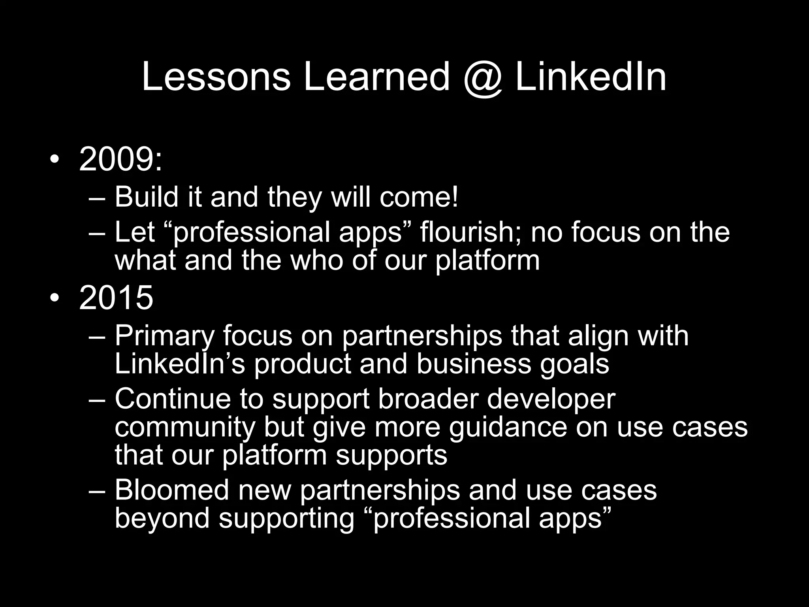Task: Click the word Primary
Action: pos(164,336)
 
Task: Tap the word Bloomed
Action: pos(172,490)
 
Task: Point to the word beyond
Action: pos(162,518)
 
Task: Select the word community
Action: pos(184,428)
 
